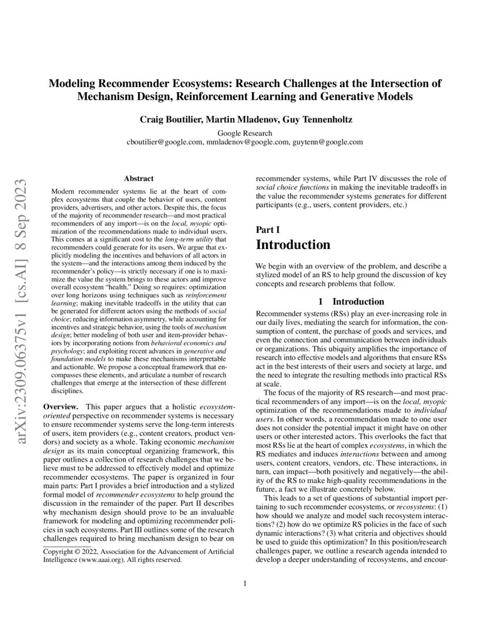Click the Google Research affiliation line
pyautogui.click(x=244, y=133)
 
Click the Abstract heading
pyautogui.click(x=138, y=179)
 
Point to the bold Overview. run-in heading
pyautogui.click(x=62, y=407)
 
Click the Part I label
pyautogui.click(x=267, y=229)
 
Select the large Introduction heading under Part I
pyautogui.click(x=293, y=244)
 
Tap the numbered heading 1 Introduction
pyautogui.click(x=351, y=301)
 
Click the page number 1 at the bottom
pyautogui.click(x=245, y=583)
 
